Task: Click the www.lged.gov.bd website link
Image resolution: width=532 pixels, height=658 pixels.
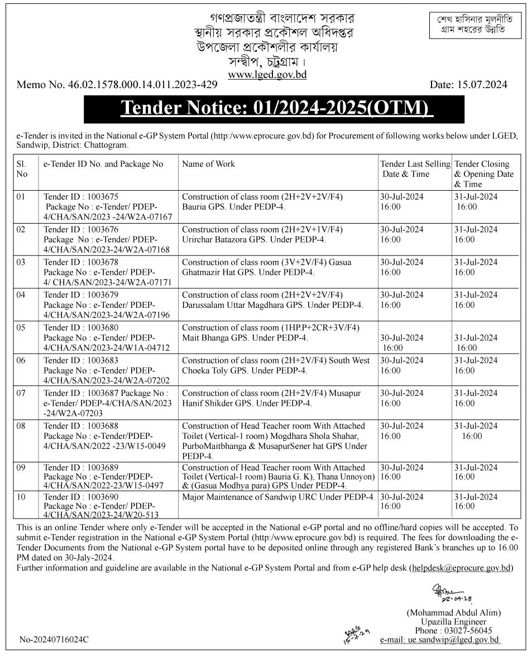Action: click(267, 75)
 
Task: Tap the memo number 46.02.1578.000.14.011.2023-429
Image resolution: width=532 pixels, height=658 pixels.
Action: click(117, 85)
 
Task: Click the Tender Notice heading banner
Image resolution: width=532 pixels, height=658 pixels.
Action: click(274, 109)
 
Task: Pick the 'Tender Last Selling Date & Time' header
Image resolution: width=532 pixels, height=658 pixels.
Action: click(415, 169)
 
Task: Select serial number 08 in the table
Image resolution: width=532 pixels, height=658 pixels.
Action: click(21, 426)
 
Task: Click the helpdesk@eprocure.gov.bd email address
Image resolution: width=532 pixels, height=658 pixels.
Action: click(461, 568)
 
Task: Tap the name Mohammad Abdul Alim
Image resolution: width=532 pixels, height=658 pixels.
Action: click(453, 612)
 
